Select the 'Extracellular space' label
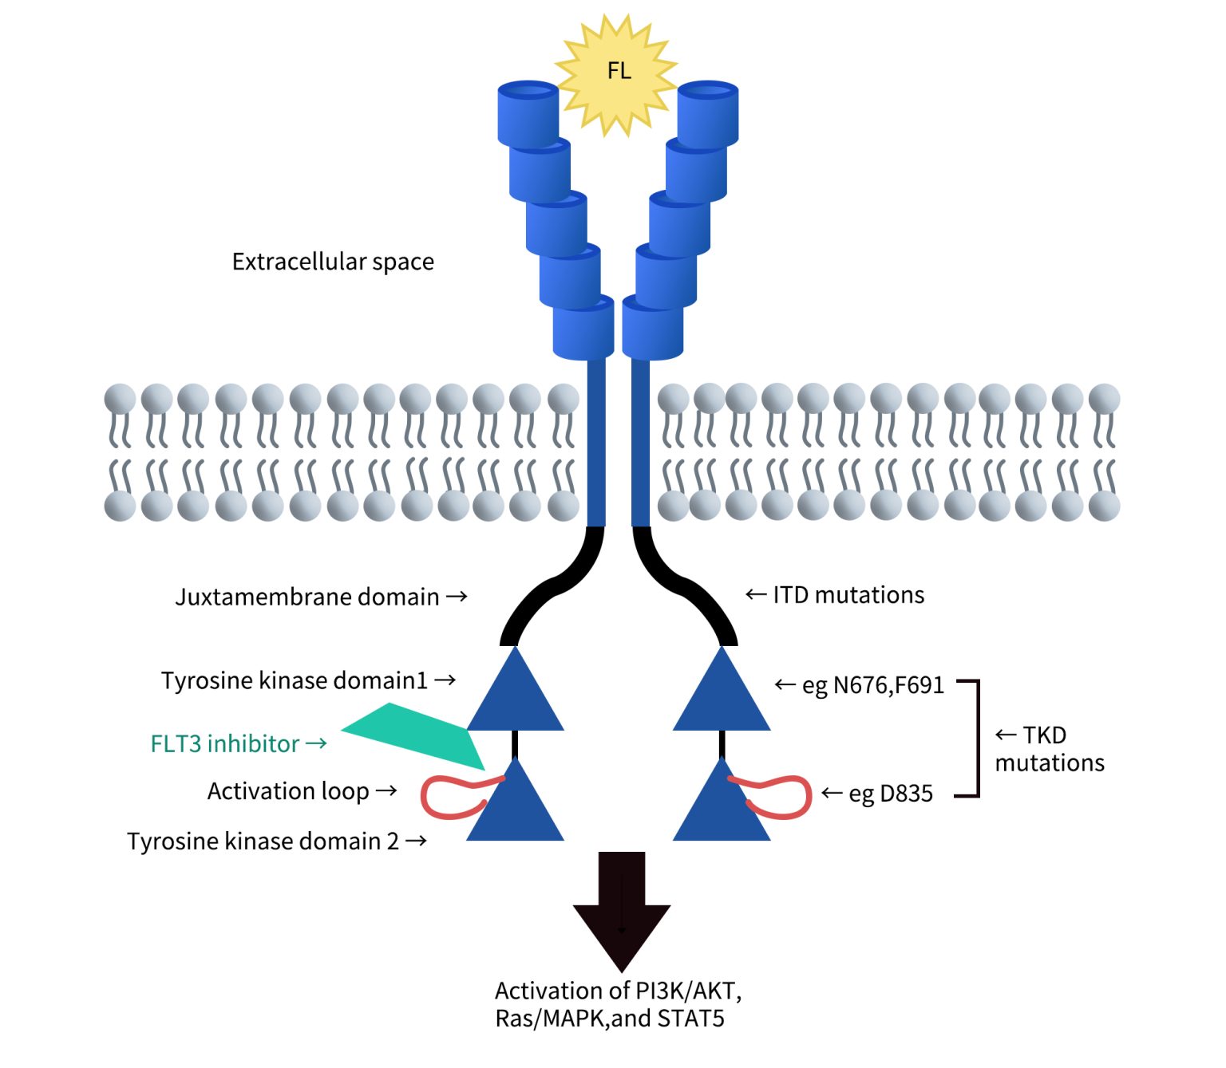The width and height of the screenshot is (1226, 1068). coord(333,262)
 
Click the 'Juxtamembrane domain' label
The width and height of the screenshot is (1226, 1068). coord(307,597)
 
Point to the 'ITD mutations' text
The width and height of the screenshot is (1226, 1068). coord(848,595)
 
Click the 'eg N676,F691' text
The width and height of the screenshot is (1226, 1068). coord(872,685)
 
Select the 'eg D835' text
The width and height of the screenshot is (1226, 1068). coord(890,794)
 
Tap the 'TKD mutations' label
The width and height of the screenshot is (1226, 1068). coord(1049,749)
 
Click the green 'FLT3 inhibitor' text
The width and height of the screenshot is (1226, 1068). coord(225,743)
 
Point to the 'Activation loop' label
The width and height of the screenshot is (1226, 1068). coord(288,791)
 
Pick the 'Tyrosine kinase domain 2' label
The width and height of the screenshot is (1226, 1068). coord(263,841)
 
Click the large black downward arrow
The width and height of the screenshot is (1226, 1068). coord(621,909)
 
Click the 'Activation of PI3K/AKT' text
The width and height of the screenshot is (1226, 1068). coord(618,991)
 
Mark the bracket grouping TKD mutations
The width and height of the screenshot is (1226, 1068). coord(975,739)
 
